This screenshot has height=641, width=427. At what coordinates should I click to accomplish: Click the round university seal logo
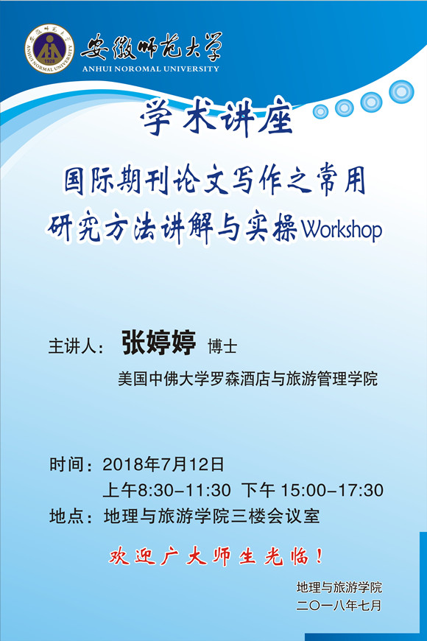click(49, 49)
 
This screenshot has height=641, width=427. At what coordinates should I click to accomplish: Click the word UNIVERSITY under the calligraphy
click(191, 69)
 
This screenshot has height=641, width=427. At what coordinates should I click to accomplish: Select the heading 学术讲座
click(216, 119)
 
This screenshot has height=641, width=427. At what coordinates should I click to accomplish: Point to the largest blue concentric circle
click(401, 91)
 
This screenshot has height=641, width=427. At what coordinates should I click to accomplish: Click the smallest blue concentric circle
click(320, 111)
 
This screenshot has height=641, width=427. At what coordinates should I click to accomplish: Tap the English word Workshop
click(342, 230)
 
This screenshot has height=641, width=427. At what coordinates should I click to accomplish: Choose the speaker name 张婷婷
click(159, 343)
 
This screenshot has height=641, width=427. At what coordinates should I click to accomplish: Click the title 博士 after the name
click(222, 346)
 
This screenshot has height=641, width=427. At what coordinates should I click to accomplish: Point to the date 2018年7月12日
click(163, 464)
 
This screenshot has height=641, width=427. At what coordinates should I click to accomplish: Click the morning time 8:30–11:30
click(184, 490)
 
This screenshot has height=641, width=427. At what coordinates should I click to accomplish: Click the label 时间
click(66, 465)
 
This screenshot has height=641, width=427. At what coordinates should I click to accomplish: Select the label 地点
click(66, 516)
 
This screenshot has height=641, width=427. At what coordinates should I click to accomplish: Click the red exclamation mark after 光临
click(320, 556)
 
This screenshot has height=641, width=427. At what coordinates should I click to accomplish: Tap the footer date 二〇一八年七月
click(339, 605)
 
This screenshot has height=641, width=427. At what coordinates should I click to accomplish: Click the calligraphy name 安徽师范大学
click(152, 47)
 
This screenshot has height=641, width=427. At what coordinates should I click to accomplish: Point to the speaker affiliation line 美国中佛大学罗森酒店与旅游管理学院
click(247, 379)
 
